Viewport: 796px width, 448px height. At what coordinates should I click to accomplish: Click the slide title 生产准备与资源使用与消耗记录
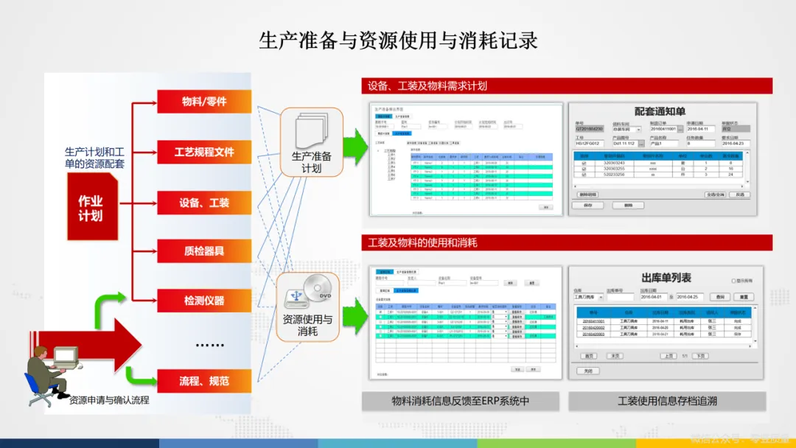pos(398,40)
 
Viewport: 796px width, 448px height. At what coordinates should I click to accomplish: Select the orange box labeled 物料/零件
pos(204,102)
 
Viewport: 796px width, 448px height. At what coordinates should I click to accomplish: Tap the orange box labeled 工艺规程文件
pos(204,152)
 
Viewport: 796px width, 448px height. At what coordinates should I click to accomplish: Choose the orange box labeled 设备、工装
pos(204,202)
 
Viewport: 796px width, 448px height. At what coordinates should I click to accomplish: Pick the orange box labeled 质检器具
pos(204,251)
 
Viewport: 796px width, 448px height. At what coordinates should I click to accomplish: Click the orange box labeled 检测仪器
pos(204,301)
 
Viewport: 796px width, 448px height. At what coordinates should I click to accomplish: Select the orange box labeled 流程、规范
pos(204,381)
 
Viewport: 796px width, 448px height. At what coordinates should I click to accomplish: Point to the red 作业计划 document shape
pos(91,208)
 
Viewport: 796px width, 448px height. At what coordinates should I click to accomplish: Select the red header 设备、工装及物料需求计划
pos(566,86)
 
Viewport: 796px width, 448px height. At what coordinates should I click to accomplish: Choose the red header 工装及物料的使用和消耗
pos(566,242)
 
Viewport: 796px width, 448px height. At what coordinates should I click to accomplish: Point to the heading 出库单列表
pos(666,278)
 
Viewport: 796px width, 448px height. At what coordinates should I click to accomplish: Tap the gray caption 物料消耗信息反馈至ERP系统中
pos(461,402)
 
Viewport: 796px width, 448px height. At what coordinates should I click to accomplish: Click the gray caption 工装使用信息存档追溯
pos(667,402)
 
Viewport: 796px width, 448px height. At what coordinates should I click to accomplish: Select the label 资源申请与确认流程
pos(109,400)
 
